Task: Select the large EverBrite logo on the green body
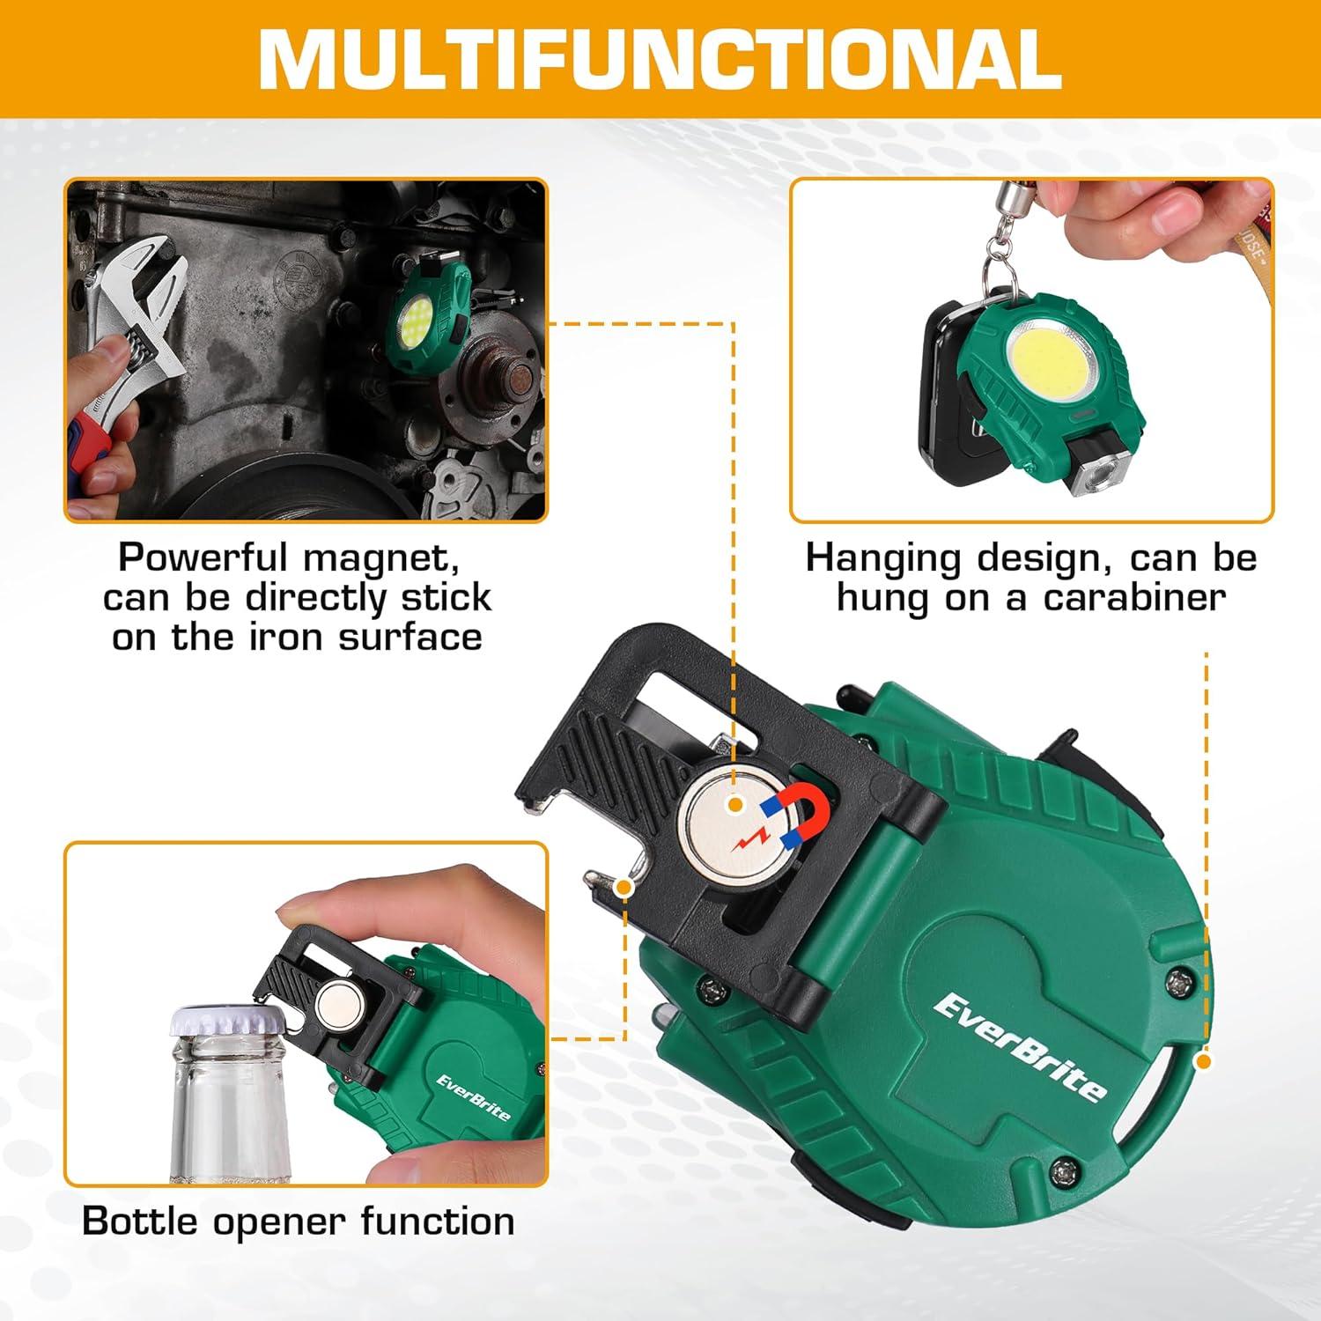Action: point(1019,1045)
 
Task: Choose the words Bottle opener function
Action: point(298,1221)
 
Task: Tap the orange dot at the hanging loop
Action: point(1203,1061)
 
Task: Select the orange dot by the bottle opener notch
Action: point(624,887)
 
